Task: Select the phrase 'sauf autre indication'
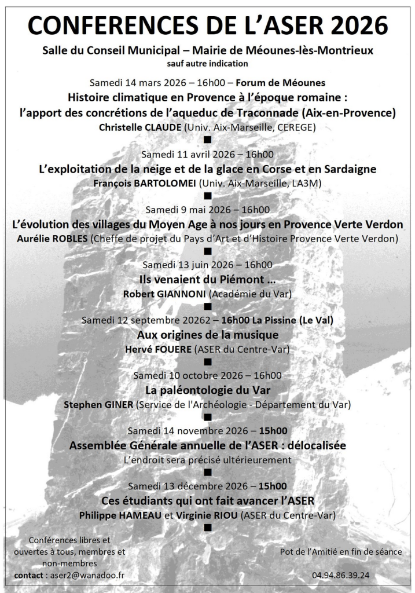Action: pos(207,63)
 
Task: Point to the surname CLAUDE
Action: pos(160,126)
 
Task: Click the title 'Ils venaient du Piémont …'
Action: pos(207,279)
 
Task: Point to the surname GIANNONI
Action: pos(181,294)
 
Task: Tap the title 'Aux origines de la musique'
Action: pos(207,335)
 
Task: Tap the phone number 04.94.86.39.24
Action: pos(340,575)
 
